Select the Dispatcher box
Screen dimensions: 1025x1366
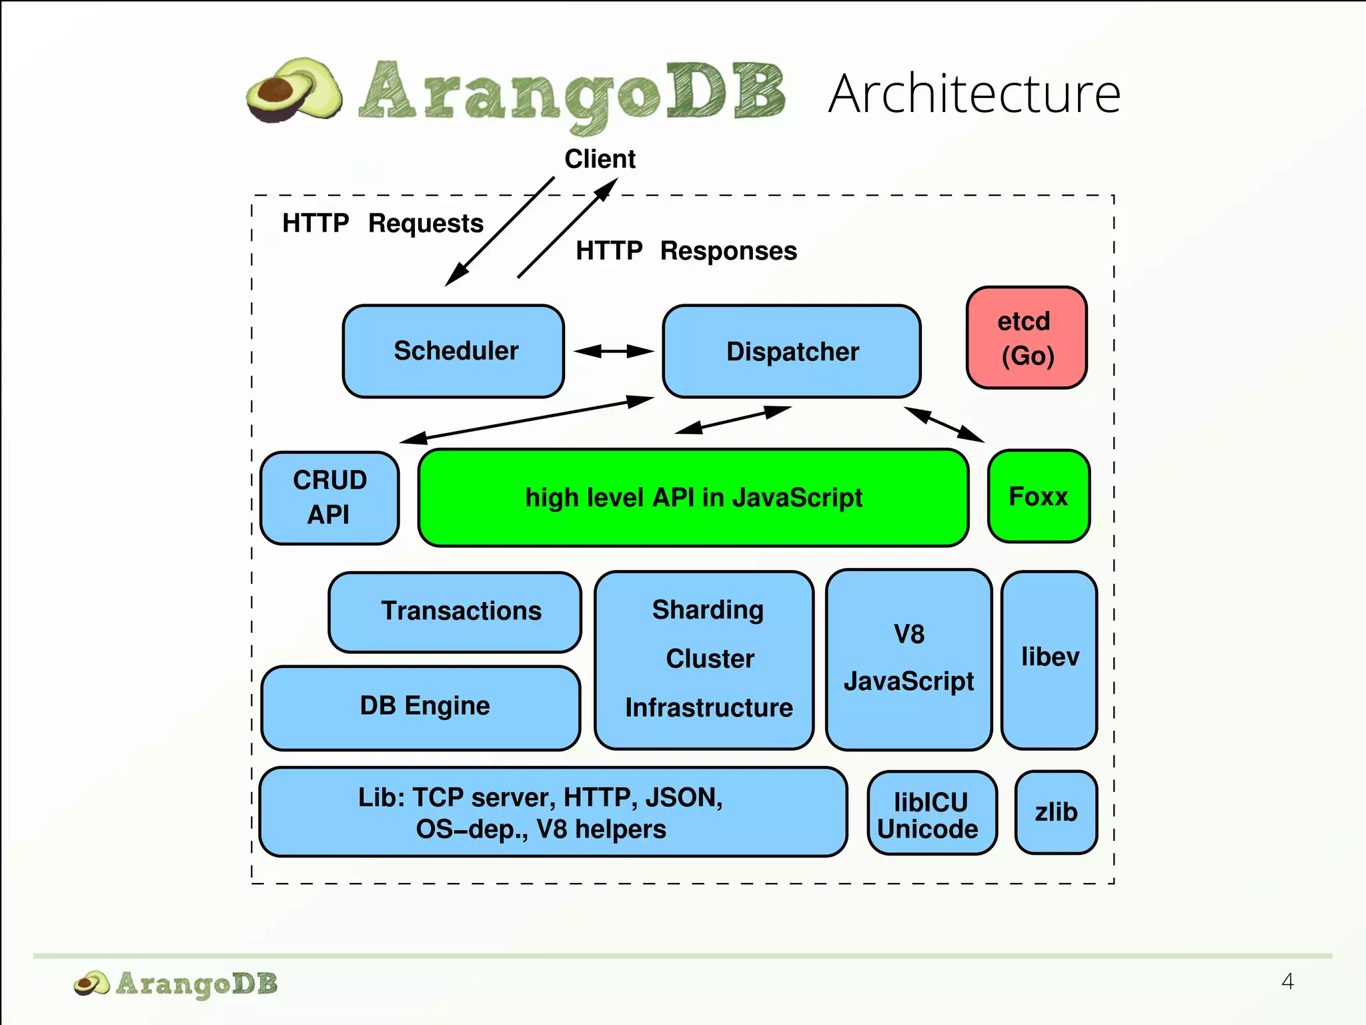[x=792, y=352]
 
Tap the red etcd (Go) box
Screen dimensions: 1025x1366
[x=1027, y=338]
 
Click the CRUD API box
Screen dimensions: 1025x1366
[x=329, y=498]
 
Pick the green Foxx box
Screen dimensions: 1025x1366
[x=1039, y=496]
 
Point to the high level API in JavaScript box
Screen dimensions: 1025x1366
[x=693, y=498]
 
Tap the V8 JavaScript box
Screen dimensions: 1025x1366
[x=908, y=659]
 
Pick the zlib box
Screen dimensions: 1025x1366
[x=1056, y=812]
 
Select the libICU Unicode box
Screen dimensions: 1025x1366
[x=932, y=813]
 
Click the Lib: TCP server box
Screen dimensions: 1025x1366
[x=553, y=812]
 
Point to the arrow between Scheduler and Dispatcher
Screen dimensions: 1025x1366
[x=613, y=351]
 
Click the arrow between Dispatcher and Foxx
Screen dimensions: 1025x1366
[x=944, y=424]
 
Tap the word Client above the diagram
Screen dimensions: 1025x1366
[x=600, y=159]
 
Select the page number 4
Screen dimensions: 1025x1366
[x=1287, y=981]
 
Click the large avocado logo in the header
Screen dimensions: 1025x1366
[x=294, y=91]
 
